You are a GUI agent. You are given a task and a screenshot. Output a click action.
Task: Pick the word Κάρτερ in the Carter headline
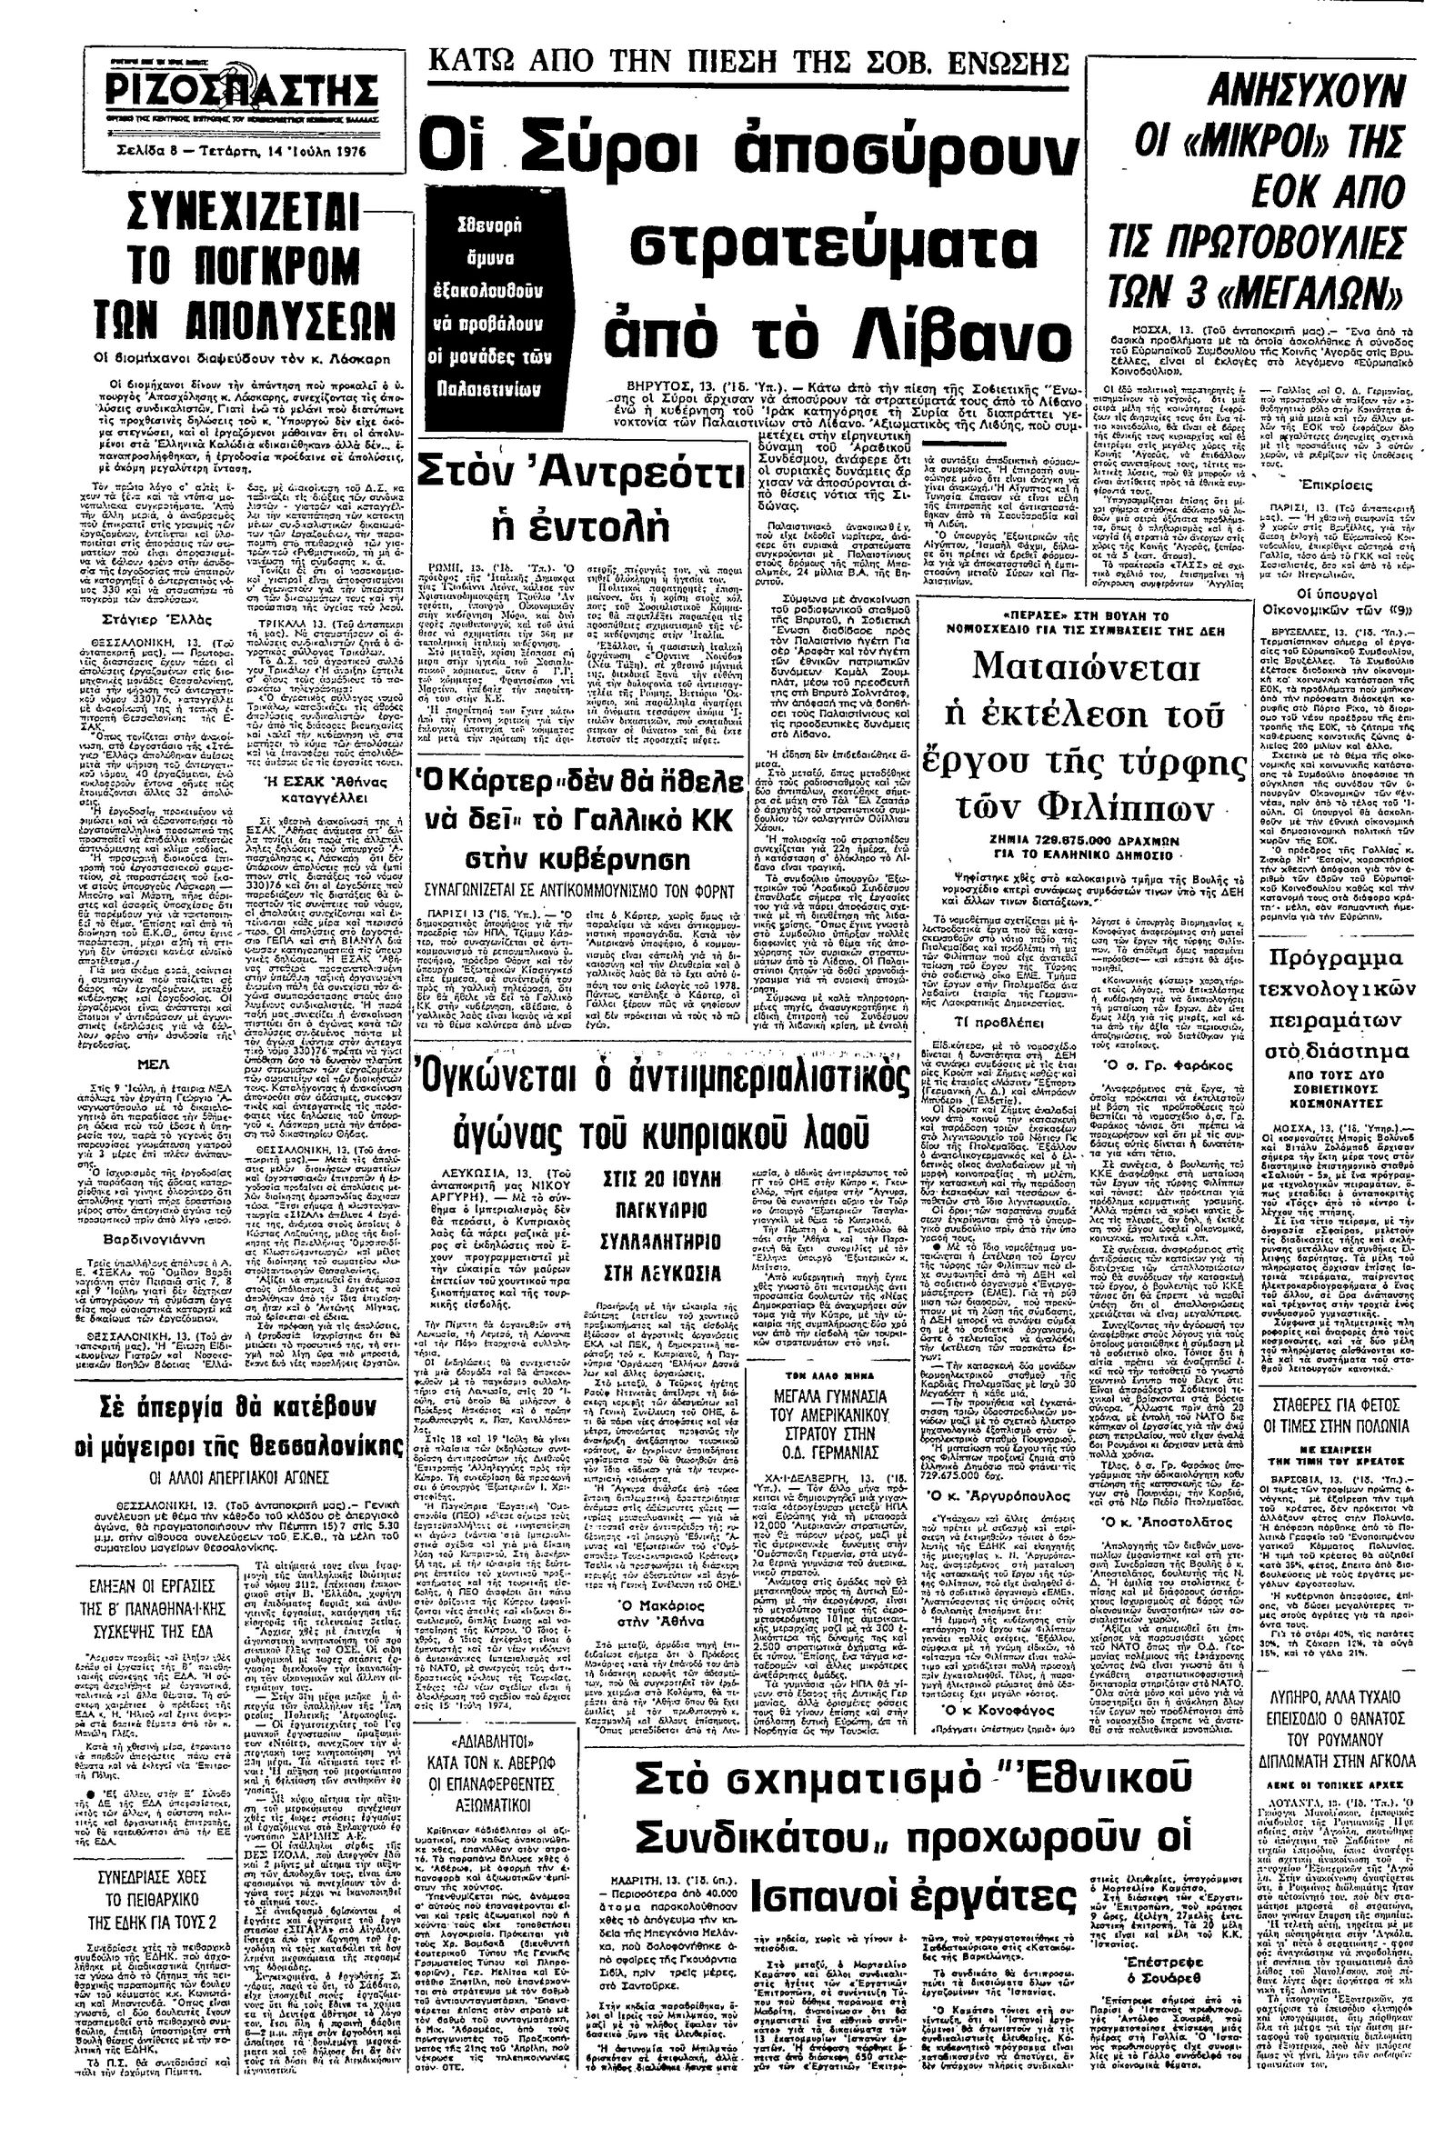pyautogui.click(x=487, y=762)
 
